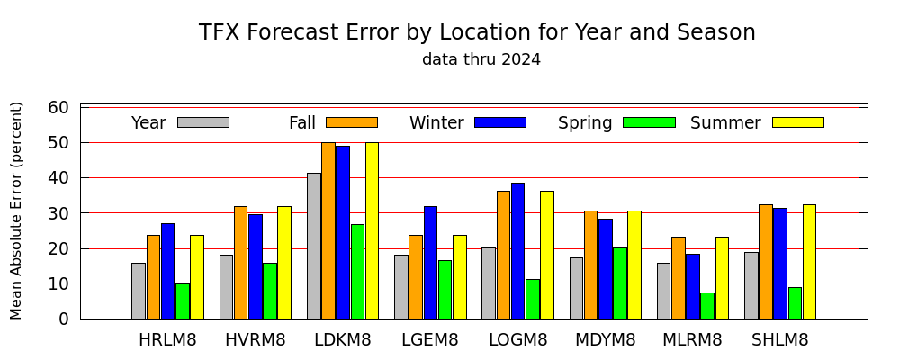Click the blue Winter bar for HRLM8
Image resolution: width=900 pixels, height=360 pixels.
(x=167, y=271)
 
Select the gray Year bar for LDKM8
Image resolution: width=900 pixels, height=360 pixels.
(x=314, y=246)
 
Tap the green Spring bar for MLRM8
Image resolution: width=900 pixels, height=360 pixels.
(x=707, y=306)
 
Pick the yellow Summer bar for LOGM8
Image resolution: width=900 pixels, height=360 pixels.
(x=547, y=255)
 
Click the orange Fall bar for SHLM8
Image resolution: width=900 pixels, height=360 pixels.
(x=766, y=262)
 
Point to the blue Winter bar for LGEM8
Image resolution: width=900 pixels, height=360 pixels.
(x=430, y=263)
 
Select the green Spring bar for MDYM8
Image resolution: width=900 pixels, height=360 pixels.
(x=620, y=283)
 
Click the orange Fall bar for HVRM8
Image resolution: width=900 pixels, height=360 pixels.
(x=240, y=263)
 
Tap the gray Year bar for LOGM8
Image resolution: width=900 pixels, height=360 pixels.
(x=489, y=283)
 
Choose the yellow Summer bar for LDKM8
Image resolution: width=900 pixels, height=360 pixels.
(x=372, y=230)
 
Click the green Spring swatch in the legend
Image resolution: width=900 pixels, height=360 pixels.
(x=649, y=122)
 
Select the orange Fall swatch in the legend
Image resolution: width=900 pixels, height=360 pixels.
(x=352, y=122)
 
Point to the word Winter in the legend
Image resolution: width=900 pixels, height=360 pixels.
(x=436, y=123)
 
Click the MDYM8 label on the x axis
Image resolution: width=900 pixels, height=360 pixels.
(x=606, y=340)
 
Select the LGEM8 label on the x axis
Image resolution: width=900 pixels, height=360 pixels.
(x=430, y=340)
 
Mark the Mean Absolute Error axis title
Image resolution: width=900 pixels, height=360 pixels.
(x=15, y=211)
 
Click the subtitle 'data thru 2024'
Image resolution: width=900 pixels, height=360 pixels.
(x=481, y=59)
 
